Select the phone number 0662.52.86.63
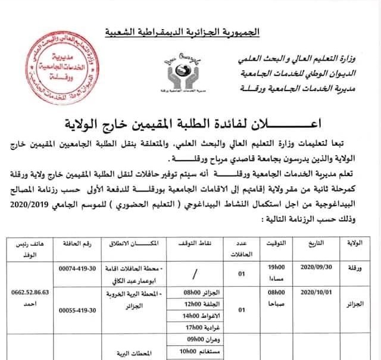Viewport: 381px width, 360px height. coord(29,293)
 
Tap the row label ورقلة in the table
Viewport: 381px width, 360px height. coord(355,269)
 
